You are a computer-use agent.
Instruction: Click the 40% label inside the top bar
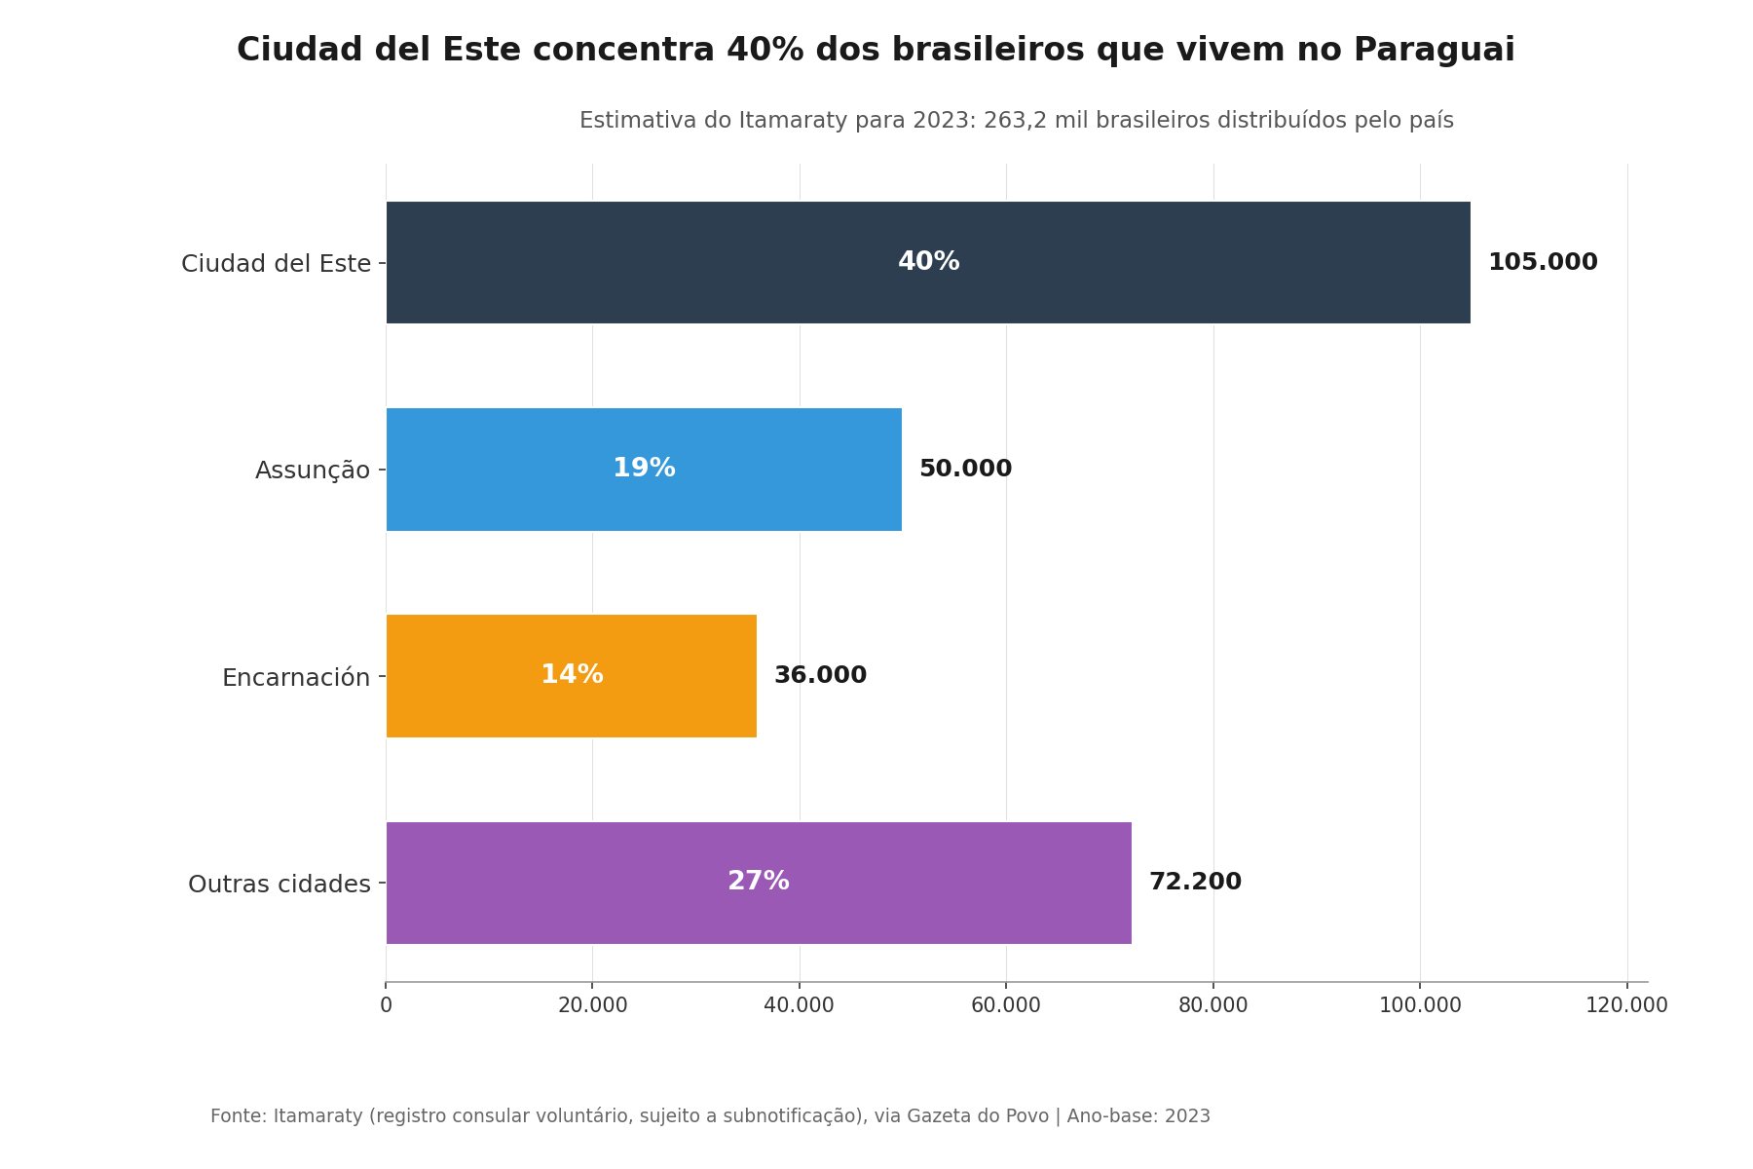pyautogui.click(x=928, y=262)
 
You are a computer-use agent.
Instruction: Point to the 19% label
pyautogui.click(x=644, y=469)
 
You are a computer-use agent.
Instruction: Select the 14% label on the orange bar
pyautogui.click(x=572, y=675)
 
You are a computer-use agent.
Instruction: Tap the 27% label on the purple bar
pyautogui.click(x=758, y=882)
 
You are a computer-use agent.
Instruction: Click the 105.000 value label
pyautogui.click(x=1543, y=263)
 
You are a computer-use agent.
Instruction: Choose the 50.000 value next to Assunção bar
pyautogui.click(x=965, y=470)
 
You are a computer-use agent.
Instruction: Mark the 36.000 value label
pyautogui.click(x=820, y=676)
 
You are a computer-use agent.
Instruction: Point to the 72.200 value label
pyautogui.click(x=1195, y=883)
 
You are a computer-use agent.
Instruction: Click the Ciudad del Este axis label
pyautogui.click(x=276, y=264)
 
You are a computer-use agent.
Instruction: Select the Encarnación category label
pyautogui.click(x=296, y=677)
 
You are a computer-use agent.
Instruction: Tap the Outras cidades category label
pyautogui.click(x=280, y=885)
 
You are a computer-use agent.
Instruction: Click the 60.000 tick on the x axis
pyautogui.click(x=1006, y=1005)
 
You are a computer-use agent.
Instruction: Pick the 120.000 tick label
pyautogui.click(x=1626, y=1005)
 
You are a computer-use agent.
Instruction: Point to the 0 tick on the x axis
pyautogui.click(x=387, y=1005)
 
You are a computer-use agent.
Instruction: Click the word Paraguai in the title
pyautogui.click(x=1434, y=51)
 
